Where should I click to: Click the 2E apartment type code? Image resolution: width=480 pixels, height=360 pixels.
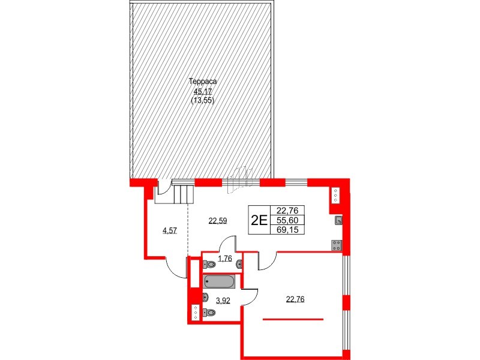click(x=259, y=220)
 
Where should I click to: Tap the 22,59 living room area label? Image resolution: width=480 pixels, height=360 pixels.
click(x=218, y=220)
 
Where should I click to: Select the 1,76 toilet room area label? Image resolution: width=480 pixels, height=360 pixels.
click(x=225, y=259)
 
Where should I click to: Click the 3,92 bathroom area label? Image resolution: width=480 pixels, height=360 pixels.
click(x=223, y=301)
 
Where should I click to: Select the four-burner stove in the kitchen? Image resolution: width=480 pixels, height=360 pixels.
click(x=337, y=244)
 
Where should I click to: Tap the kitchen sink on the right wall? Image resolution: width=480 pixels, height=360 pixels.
click(x=338, y=220)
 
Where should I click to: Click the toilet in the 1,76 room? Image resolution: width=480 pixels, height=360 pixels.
click(x=209, y=263)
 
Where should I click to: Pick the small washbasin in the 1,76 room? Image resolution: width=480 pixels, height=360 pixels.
click(x=240, y=263)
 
